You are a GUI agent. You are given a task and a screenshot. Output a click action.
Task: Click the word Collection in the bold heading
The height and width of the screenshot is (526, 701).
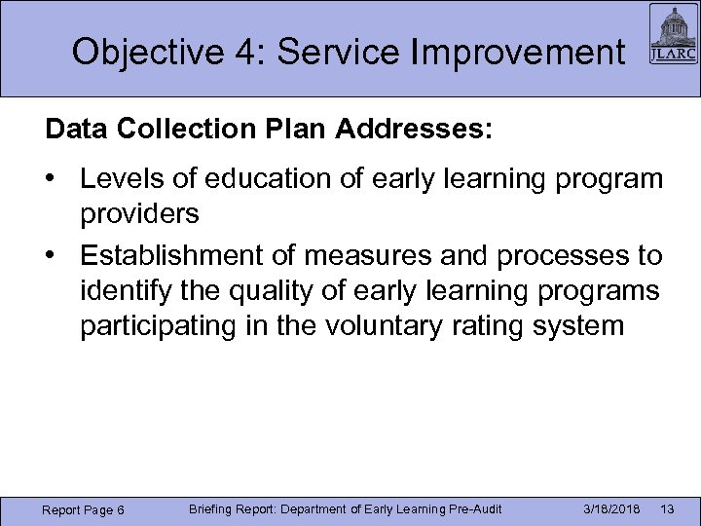point(172,131)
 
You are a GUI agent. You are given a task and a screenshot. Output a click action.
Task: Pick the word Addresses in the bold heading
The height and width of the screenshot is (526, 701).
point(409,131)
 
